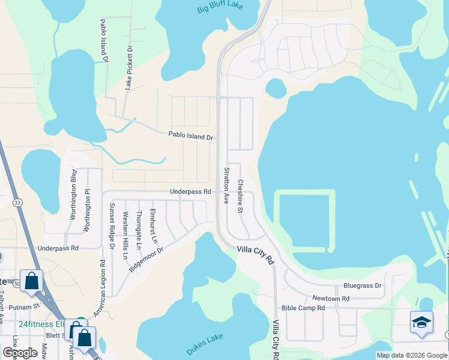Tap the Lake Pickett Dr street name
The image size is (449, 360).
pos(128,67)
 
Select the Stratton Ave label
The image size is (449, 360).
pos(226,185)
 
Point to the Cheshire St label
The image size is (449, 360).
pos(240,196)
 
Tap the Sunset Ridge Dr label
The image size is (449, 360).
pos(112,226)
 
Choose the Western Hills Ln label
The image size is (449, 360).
pos(125,235)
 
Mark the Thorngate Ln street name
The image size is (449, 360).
pos(139,230)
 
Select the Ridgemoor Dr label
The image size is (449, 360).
pos(146,257)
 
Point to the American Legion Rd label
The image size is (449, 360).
pos(100,288)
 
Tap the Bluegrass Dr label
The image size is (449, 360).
pos(362,286)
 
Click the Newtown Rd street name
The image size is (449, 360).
pos(330,298)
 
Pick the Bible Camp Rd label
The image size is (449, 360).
pos(303,308)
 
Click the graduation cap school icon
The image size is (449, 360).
pos(421,322)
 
